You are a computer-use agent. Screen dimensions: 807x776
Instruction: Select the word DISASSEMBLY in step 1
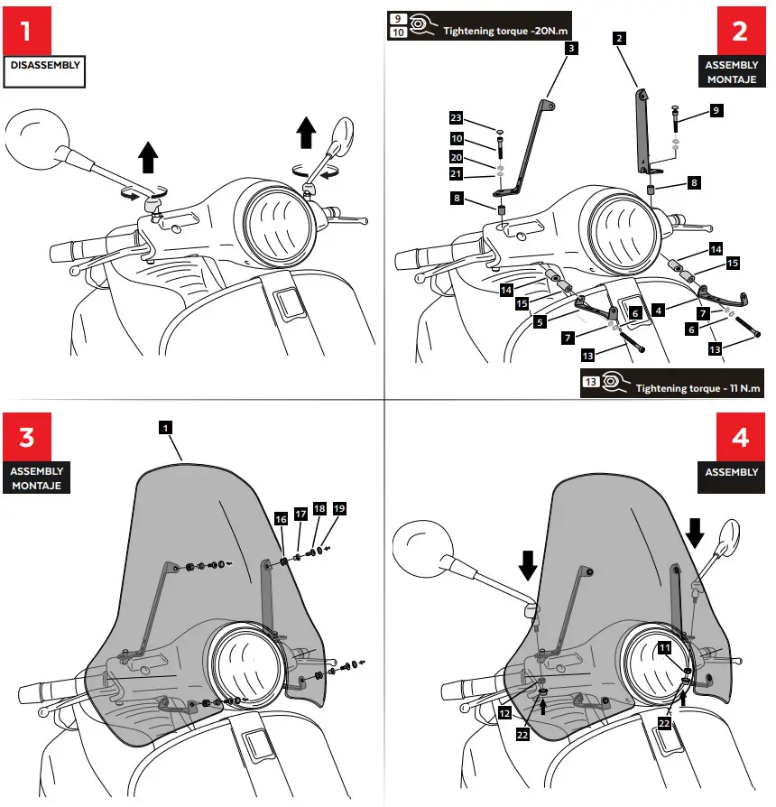tap(44, 65)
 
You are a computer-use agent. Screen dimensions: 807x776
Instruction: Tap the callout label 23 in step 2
tap(457, 118)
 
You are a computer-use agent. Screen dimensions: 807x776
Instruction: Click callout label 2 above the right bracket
tap(618, 38)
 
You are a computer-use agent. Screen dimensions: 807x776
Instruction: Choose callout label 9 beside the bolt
tap(716, 110)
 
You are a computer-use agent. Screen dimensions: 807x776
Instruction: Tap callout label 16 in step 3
tap(281, 519)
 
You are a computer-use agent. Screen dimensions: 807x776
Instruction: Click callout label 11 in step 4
tap(664, 647)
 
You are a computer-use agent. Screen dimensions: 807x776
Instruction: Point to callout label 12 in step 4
tap(503, 713)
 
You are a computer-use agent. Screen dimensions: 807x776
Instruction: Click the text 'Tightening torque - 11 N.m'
tap(697, 387)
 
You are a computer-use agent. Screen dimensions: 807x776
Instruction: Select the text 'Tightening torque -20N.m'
tap(507, 31)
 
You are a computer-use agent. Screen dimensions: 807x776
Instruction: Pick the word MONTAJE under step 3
tap(36, 485)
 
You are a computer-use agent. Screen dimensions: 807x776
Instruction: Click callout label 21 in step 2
tap(457, 173)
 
